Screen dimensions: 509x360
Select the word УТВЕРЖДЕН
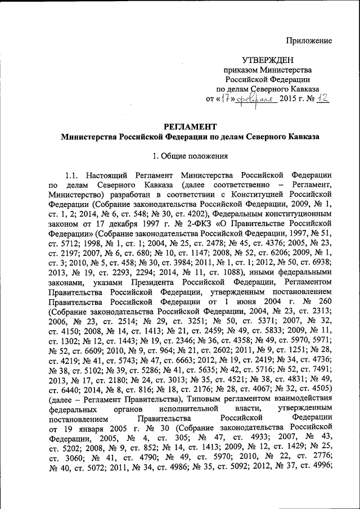[x=268, y=60]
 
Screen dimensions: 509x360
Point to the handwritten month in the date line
[x=256, y=99]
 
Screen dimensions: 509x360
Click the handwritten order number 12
[x=323, y=98]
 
